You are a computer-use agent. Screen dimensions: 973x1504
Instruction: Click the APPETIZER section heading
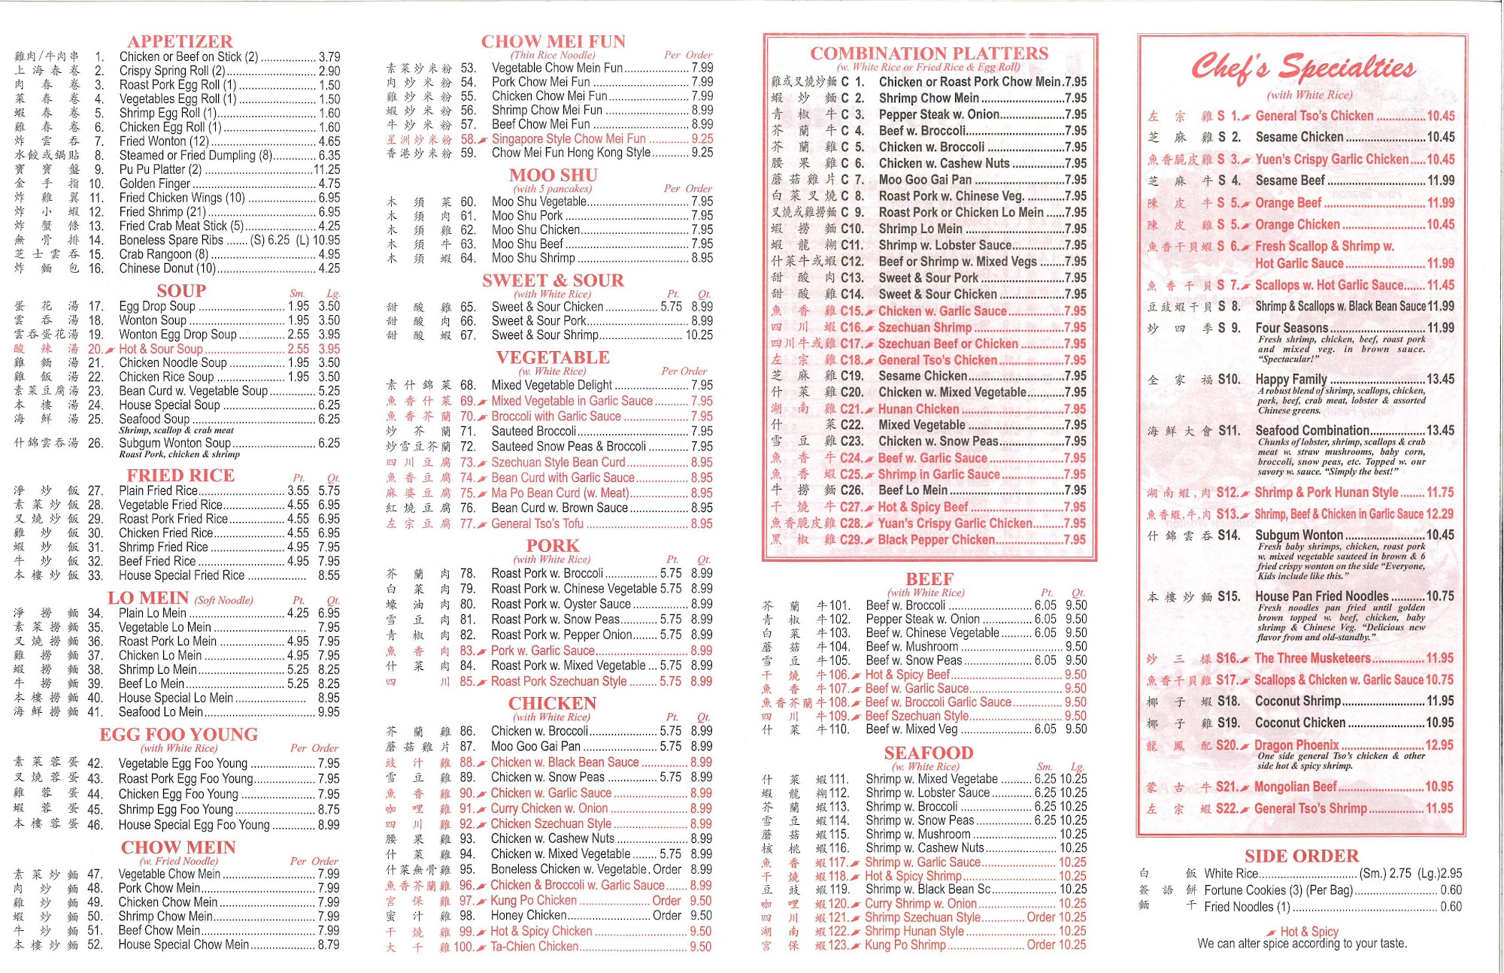tap(180, 41)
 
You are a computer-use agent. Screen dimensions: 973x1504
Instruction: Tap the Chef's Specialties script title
tap(1303, 68)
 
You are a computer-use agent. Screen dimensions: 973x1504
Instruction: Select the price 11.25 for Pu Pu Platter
tap(326, 170)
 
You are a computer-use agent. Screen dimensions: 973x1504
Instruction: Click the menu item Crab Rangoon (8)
tap(164, 254)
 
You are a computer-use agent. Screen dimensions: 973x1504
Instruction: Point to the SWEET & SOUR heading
tap(553, 280)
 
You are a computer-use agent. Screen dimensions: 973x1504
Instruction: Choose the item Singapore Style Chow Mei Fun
tap(569, 139)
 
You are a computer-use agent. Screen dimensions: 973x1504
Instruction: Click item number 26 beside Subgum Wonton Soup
tap(96, 444)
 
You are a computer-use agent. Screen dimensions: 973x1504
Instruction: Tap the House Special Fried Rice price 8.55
tap(329, 575)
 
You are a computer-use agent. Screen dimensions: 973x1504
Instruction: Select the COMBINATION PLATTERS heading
tap(929, 53)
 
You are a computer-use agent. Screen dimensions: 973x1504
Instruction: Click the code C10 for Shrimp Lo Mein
tap(852, 229)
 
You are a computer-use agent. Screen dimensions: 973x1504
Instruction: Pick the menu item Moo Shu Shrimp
tap(533, 258)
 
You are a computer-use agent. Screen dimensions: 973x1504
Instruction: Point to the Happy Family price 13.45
tap(1440, 379)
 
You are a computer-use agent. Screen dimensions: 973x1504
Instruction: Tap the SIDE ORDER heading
tap(1302, 856)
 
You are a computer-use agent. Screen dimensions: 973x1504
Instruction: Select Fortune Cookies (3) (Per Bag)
tap(1278, 890)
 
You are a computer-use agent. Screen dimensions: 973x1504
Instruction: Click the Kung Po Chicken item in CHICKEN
tap(533, 901)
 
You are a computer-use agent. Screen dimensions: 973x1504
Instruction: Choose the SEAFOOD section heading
tap(929, 753)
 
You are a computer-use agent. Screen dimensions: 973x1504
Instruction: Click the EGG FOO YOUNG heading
tap(179, 735)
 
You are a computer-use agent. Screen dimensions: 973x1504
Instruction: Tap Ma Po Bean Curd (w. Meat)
tap(560, 493)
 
